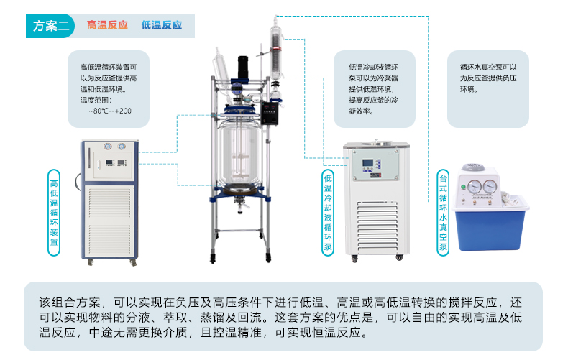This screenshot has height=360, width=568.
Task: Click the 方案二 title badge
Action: coord(50,26)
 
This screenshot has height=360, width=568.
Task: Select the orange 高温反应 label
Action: coord(107,25)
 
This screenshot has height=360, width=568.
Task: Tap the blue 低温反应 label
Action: coord(162,25)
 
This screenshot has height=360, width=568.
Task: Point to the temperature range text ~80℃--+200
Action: coord(110,111)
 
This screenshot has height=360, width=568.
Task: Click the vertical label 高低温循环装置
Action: coord(54,213)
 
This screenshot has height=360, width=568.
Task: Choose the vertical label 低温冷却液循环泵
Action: coord(328,213)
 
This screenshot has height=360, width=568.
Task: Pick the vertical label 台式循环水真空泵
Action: coord(443,213)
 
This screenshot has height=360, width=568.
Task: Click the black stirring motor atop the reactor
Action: coord(243,67)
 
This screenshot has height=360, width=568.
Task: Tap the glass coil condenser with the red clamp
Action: coord(276,55)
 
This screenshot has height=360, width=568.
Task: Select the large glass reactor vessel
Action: coord(240,154)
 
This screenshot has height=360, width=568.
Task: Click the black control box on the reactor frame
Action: coord(270,113)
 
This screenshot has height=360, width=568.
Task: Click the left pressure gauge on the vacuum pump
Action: coord(475,187)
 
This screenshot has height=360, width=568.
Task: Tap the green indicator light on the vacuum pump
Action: coord(463,188)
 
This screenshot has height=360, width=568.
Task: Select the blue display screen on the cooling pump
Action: coord(367,163)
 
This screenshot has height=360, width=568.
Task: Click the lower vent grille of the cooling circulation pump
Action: coord(377,227)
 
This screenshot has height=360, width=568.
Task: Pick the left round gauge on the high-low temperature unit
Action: coord(108,147)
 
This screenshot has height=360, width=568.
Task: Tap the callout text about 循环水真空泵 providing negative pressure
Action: coord(488,78)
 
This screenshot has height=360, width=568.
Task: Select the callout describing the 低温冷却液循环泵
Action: coord(373,88)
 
